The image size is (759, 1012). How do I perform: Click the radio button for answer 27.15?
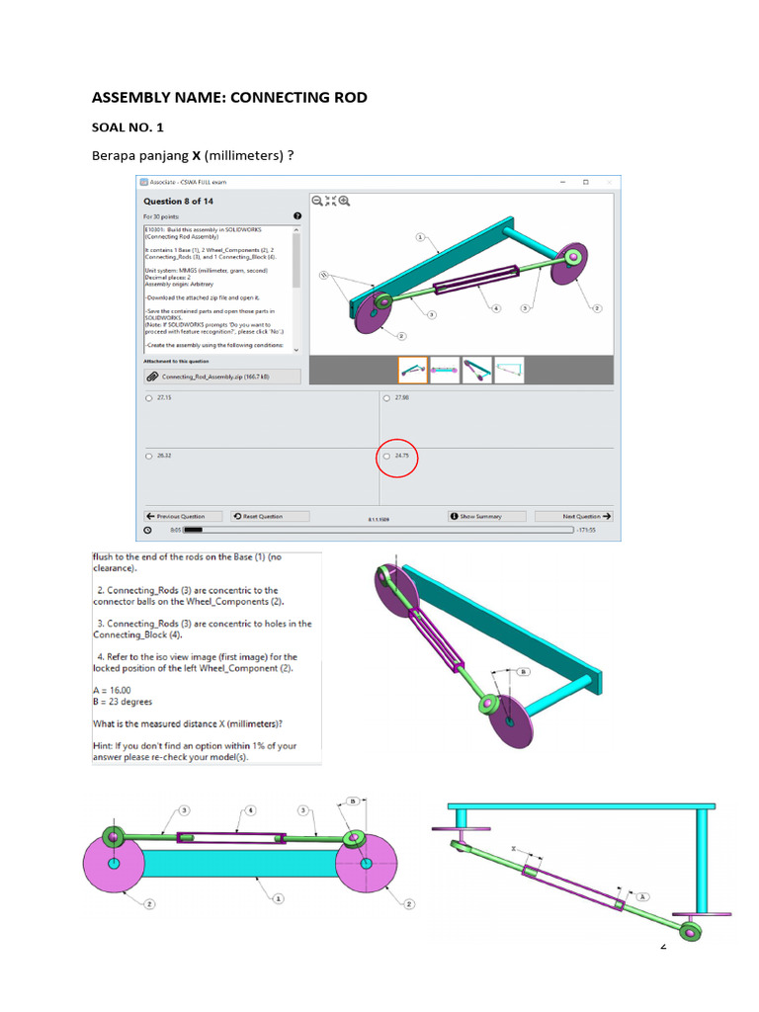click(149, 398)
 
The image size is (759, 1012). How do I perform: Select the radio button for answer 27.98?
click(386, 398)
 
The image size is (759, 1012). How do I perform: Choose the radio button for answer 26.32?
click(149, 457)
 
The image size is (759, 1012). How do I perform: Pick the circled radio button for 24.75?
click(386, 457)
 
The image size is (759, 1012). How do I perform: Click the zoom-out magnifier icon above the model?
click(318, 201)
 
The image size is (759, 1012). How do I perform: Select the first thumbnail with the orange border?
click(412, 370)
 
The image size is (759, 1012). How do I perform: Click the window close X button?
click(610, 182)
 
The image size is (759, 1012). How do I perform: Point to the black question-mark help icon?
click(296, 216)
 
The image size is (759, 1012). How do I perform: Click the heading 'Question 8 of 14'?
click(178, 202)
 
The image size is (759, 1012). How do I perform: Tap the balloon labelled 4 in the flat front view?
click(250, 810)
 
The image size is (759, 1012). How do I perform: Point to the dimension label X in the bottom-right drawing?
click(513, 848)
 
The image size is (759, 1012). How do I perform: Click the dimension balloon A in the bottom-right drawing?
click(642, 895)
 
